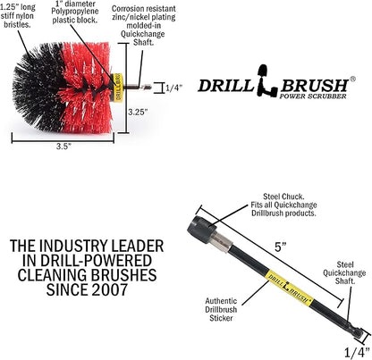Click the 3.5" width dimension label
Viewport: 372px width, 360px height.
63,147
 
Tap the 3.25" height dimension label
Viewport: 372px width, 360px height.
138,113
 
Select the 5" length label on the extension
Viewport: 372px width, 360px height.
281,247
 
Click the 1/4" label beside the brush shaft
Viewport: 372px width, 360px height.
173,88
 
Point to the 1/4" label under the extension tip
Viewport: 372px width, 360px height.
357,353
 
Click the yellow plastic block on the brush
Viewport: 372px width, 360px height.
119,87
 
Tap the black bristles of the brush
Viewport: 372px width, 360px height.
38,87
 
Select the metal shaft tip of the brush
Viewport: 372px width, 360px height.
146,88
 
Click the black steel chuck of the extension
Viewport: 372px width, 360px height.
202,230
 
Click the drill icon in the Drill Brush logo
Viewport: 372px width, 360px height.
266,80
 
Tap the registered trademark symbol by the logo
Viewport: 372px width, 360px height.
352,79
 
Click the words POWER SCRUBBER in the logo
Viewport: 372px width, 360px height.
313,96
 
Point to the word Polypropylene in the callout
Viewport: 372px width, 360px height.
75,12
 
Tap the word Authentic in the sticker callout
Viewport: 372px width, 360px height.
221,301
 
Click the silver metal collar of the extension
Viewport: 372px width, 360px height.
224,241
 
